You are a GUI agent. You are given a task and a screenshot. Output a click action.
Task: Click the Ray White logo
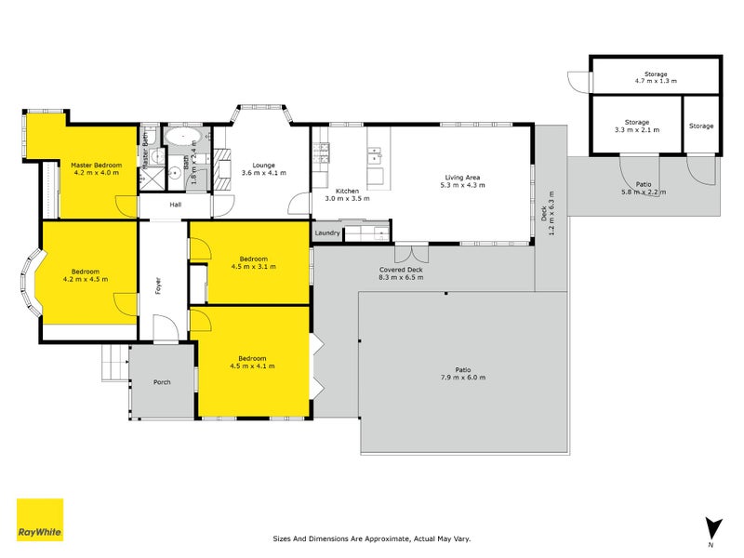tap(40, 520)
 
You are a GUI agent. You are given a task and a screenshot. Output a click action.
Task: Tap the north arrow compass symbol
tap(712, 528)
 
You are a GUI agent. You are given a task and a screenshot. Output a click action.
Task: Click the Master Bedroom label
tap(97, 166)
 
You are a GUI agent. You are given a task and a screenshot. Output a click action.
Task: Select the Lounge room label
tap(258, 165)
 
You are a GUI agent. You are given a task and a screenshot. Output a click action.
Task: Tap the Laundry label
tap(327, 232)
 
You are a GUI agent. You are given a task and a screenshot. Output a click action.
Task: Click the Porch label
tap(162, 381)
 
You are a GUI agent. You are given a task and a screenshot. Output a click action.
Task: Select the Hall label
tap(176, 205)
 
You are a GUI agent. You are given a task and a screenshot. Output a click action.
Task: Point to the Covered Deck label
tap(402, 270)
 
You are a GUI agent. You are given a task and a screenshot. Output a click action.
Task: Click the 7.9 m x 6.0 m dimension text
tap(463, 377)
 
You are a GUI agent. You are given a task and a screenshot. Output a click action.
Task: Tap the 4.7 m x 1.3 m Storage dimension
tap(656, 82)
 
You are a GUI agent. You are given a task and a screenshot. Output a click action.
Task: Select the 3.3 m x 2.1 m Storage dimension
tap(636, 130)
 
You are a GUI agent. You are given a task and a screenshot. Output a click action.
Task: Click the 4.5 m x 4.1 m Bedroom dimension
tap(251, 365)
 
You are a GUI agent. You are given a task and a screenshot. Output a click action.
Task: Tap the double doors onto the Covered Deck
tap(411, 252)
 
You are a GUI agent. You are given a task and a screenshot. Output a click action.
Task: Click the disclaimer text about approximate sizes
tap(371, 538)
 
